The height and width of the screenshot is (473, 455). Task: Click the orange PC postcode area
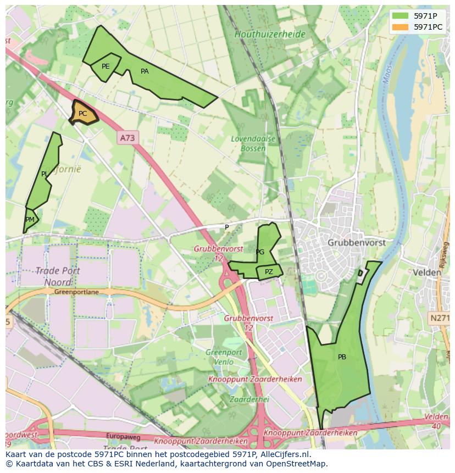point(83,114)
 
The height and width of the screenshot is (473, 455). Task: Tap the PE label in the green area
point(106,66)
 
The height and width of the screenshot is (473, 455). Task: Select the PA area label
point(145,71)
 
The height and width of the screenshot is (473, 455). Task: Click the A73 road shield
point(127,138)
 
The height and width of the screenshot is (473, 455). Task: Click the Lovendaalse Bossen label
point(253,143)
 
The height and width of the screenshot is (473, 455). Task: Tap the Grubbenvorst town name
point(356,242)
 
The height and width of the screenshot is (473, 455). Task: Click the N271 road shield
point(439,318)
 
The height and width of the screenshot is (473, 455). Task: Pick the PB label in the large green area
point(342,357)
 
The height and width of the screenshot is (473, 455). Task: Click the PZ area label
point(269,272)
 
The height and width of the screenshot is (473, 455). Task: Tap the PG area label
point(260,252)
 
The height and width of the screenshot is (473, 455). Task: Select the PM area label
point(30,220)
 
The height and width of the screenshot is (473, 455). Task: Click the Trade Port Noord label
point(58,276)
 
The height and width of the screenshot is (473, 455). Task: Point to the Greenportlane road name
point(76,292)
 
